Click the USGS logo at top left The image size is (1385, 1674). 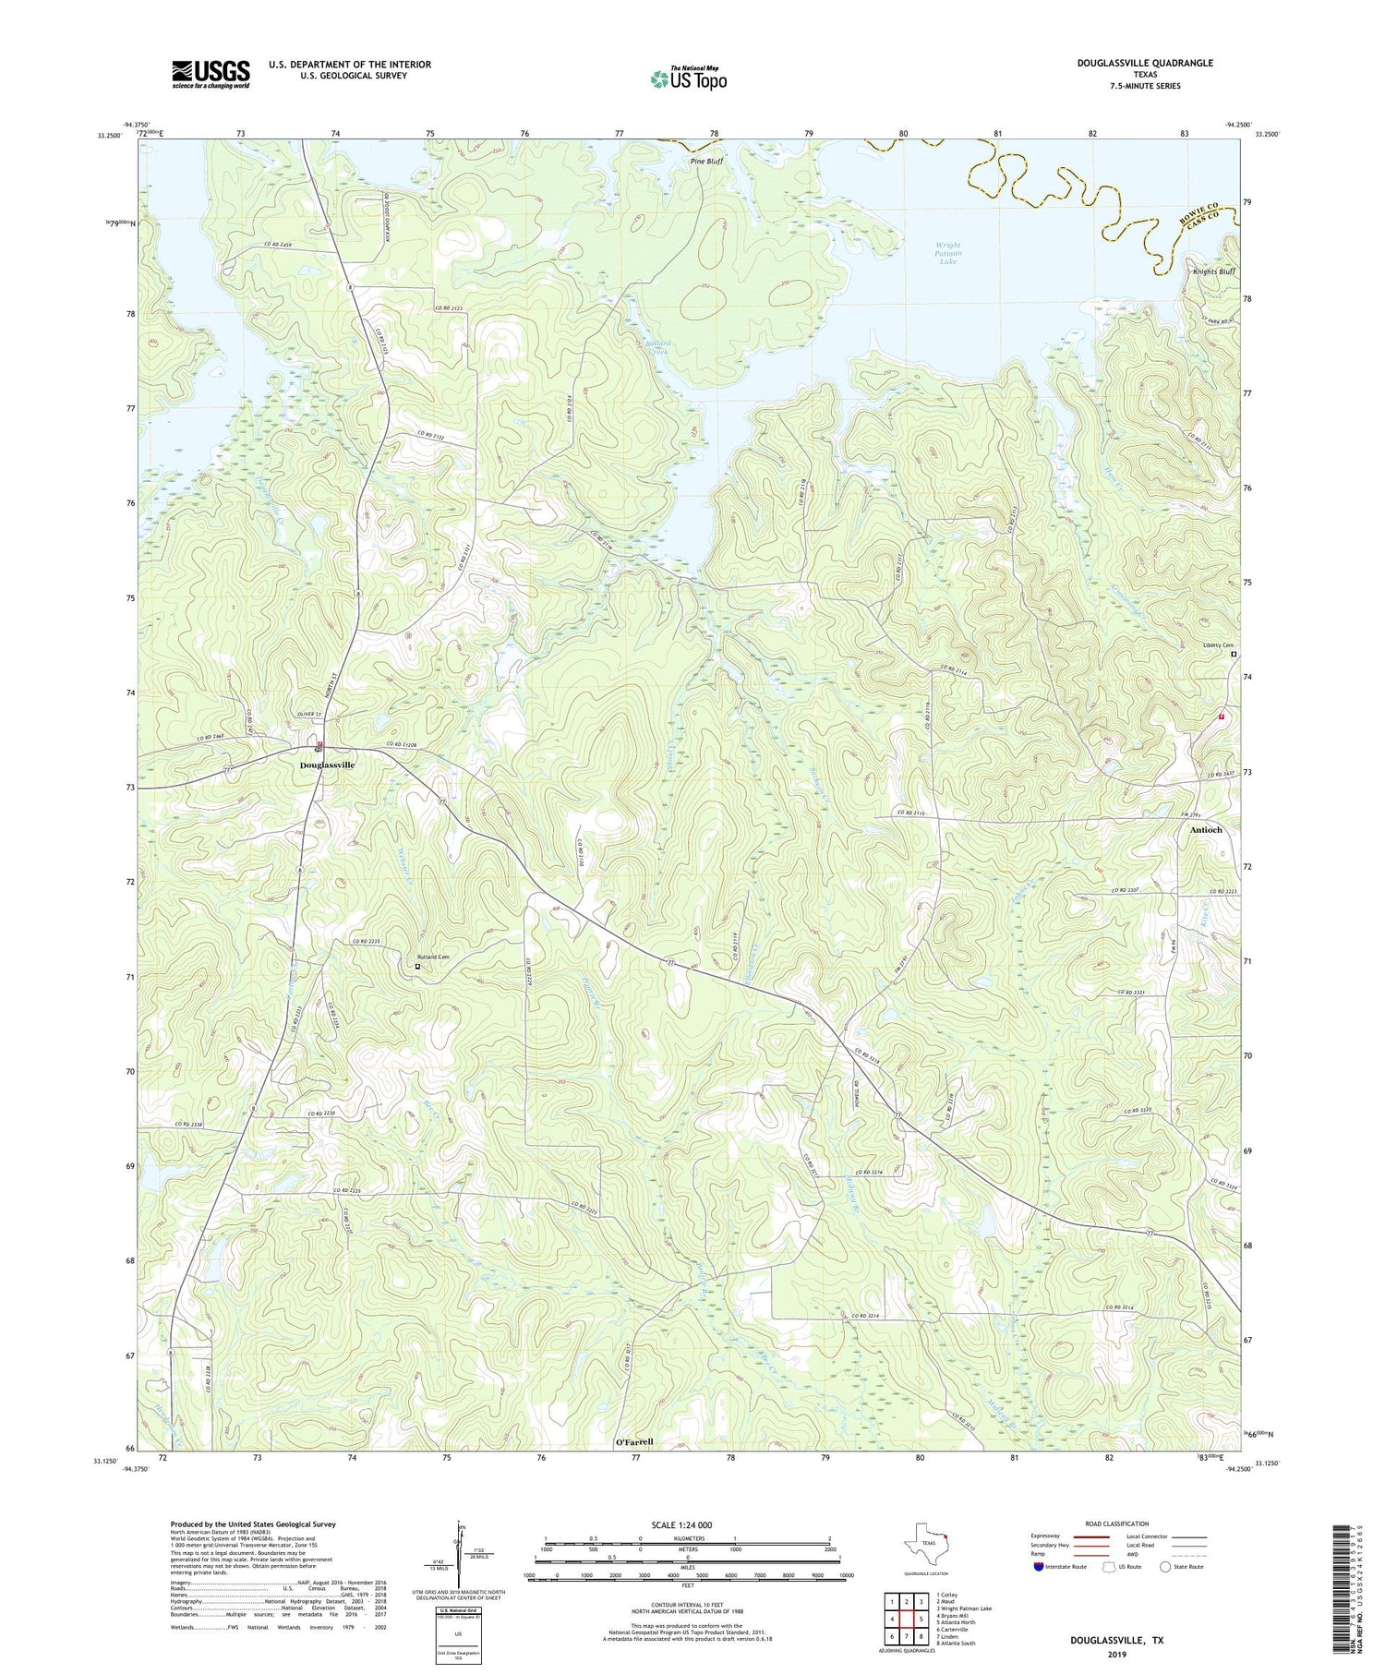pos(211,74)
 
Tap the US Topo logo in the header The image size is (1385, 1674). pos(688,78)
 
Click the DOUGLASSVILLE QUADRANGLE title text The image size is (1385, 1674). pos(1131,63)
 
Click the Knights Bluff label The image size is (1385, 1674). pos(1213,272)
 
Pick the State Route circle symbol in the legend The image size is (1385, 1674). pos(1165,1567)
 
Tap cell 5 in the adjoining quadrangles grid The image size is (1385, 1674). pos(921,1620)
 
